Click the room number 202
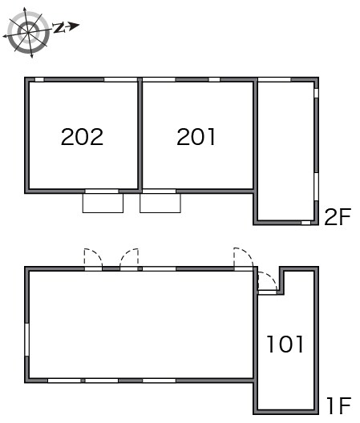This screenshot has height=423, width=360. point(82,137)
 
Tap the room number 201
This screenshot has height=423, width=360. point(196,137)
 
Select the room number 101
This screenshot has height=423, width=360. point(285,344)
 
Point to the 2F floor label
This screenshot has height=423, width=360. point(338,216)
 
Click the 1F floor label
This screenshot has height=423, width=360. point(338,405)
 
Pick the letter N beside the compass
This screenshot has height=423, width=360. point(59,27)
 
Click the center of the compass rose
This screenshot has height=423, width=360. point(28,33)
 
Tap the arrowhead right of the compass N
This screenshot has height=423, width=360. point(74,26)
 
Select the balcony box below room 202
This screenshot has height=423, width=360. point(103,203)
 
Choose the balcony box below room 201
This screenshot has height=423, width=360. point(160,203)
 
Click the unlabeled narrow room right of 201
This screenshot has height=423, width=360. point(285,151)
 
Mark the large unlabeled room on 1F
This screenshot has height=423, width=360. point(141,324)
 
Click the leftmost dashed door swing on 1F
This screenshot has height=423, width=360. point(93,259)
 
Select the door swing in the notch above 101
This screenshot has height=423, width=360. point(267,281)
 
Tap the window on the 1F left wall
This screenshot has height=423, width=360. point(26,340)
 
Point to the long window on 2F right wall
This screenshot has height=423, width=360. point(316,187)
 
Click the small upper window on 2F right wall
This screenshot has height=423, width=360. point(316,93)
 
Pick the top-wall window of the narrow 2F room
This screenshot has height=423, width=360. point(274,79)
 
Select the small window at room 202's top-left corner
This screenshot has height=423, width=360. point(39,79)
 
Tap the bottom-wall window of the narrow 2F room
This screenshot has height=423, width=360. point(305,223)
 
